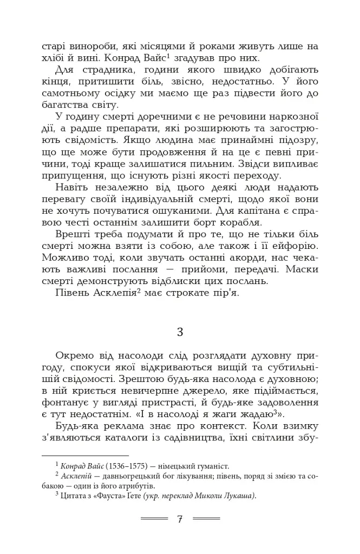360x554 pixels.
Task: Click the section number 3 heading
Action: pos(180,332)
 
